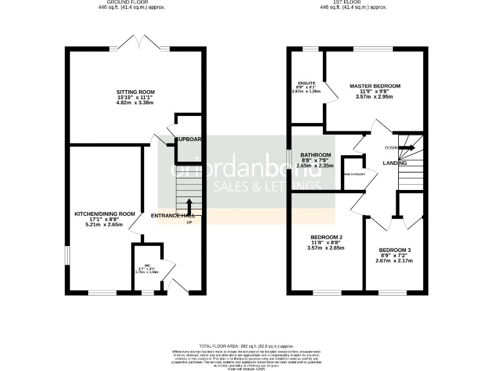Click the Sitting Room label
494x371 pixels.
pyautogui.click(x=135, y=92)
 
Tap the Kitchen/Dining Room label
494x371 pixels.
pyautogui.click(x=104, y=214)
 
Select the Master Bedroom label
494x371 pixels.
pyautogui.click(x=375, y=86)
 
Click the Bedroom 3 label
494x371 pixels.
pyautogui.click(x=394, y=250)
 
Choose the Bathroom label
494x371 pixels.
pyautogui.click(x=316, y=155)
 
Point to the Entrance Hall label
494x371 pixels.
pyautogui.click(x=173, y=215)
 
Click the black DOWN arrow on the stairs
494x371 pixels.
pyautogui.click(x=408, y=147)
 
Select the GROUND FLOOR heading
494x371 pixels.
pyautogui.click(x=138, y=3)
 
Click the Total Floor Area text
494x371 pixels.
pyautogui.click(x=246, y=346)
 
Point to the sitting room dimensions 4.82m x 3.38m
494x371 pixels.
pyautogui.click(x=135, y=103)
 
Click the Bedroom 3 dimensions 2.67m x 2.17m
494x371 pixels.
pyautogui.click(x=394, y=261)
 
